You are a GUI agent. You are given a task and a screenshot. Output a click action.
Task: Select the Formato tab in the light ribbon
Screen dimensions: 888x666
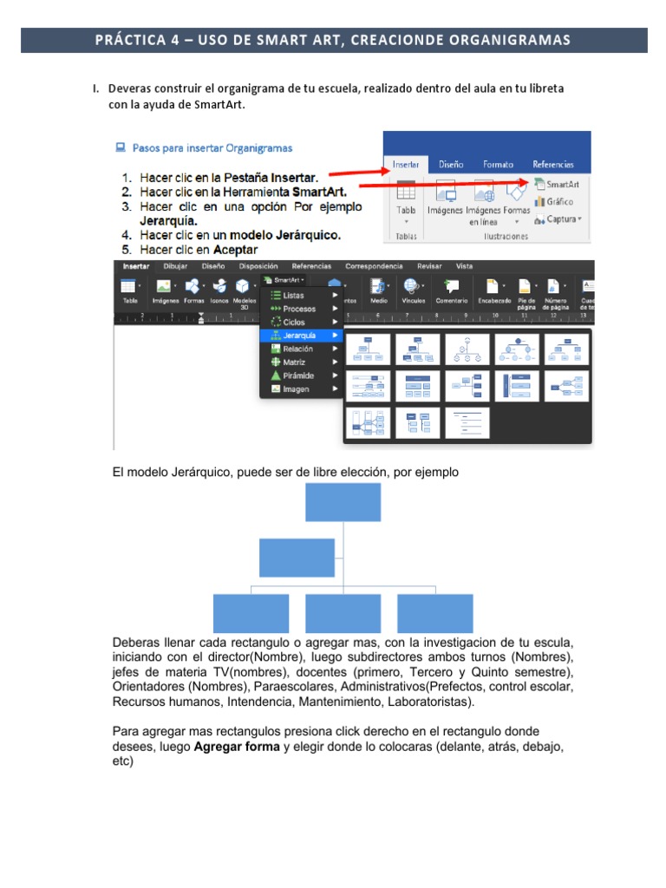[498, 164]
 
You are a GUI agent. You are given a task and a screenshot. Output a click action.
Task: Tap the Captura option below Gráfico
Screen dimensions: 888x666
[558, 219]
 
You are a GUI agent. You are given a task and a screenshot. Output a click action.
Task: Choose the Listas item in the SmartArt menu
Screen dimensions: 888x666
[293, 295]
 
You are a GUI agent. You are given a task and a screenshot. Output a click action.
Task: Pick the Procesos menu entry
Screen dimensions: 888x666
[298, 309]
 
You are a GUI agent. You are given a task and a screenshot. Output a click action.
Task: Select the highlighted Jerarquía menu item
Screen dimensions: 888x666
[299, 335]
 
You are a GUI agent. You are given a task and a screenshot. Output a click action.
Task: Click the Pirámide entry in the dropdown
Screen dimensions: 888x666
[298, 375]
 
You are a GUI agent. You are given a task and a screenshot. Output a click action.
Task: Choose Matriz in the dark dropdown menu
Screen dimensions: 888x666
[294, 362]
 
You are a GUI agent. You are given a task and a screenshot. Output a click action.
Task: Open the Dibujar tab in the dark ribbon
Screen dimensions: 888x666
[176, 266]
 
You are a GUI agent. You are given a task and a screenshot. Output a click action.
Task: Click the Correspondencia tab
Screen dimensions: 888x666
[374, 266]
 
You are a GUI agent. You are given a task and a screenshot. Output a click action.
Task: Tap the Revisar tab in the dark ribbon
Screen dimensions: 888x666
[429, 266]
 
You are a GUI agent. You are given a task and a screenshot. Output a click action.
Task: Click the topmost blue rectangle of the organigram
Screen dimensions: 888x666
[343, 502]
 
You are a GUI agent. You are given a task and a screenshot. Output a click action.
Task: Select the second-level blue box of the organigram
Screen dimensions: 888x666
[296, 558]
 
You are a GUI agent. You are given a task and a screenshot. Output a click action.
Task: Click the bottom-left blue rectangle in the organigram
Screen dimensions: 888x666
[251, 613]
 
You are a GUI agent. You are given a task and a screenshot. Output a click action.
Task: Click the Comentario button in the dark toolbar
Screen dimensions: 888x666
[451, 291]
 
